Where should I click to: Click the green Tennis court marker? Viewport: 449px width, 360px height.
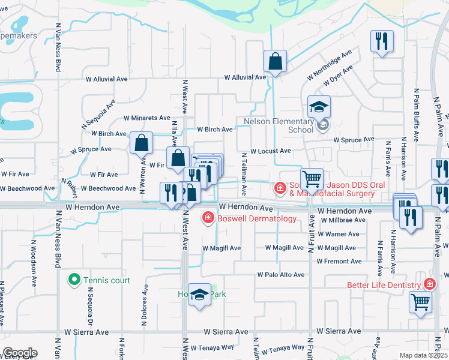point(74,280)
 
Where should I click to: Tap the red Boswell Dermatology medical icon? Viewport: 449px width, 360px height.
point(208,217)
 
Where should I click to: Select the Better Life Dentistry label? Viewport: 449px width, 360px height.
point(385,285)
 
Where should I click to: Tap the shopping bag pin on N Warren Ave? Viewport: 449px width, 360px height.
point(141,143)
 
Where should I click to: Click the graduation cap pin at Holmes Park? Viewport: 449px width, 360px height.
point(200,295)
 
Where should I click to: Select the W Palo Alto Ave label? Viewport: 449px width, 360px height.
point(281,275)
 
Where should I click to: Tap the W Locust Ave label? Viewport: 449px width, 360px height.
point(271,151)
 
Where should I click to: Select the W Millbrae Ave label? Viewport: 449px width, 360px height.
point(343,220)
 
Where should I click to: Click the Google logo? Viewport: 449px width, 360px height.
point(20,353)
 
